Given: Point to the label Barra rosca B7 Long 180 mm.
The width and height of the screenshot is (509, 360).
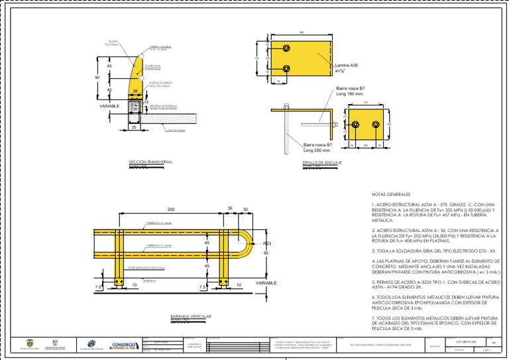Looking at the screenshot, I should click(351, 91).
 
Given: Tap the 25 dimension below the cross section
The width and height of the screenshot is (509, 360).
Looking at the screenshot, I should click(133, 127).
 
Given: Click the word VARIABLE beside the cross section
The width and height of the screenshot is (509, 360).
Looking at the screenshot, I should click(110, 106).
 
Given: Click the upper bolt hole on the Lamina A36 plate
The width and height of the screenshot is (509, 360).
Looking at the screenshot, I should click(286, 48).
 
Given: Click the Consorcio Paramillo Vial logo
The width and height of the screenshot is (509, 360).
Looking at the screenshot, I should click(124, 345).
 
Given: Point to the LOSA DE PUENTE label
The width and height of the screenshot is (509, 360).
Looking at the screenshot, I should click(176, 130).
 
